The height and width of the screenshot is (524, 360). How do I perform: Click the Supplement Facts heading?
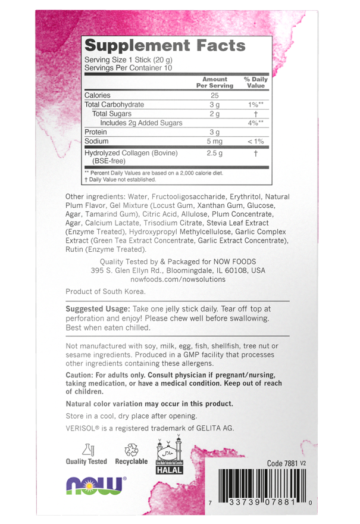[x=165, y=46]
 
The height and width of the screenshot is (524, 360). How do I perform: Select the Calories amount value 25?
[x=215, y=95]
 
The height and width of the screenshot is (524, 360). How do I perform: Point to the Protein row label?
[x=96, y=132]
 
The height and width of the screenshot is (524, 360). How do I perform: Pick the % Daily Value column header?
[x=255, y=82]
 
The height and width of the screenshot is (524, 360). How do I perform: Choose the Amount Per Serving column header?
[x=215, y=82]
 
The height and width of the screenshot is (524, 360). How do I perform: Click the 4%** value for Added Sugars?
[x=256, y=123]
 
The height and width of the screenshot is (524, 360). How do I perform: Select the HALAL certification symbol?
[x=169, y=458]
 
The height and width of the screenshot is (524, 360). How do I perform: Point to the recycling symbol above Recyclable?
[x=131, y=450]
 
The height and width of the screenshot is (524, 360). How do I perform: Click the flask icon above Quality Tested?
[x=87, y=450]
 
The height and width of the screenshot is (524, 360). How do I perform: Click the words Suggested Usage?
[x=97, y=309]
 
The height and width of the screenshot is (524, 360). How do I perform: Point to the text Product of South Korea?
[x=105, y=292]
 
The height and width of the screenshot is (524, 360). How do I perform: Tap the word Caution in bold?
[x=82, y=375]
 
